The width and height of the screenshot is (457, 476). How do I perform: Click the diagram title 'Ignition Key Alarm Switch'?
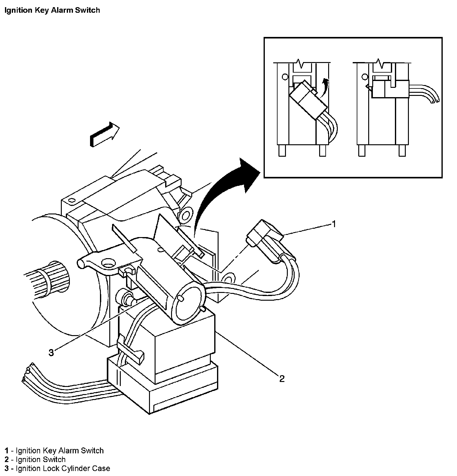click(x=52, y=10)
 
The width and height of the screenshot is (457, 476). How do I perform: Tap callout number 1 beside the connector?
click(x=334, y=224)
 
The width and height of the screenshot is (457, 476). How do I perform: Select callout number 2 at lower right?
click(x=282, y=379)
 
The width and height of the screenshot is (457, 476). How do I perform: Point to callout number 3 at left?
click(x=51, y=353)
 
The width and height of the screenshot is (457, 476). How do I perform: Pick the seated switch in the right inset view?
click(x=390, y=89)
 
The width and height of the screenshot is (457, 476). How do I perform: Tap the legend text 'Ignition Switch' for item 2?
click(x=41, y=459)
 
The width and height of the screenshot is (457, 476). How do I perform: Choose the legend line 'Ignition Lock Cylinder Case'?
click(x=63, y=468)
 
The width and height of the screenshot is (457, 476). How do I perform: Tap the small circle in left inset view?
click(x=284, y=76)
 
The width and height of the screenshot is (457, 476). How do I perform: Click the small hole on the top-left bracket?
click(x=72, y=200)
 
